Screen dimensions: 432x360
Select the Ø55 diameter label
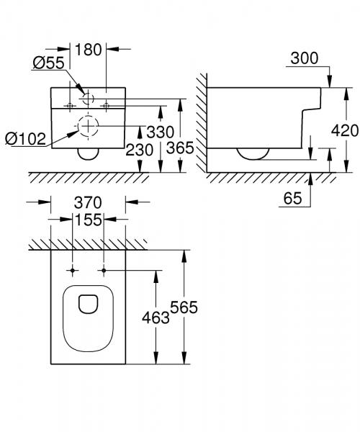[x=48, y=63]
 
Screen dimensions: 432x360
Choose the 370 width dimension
[x=89, y=204]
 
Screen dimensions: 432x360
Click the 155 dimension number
[x=89, y=222]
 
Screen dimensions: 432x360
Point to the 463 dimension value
[x=155, y=316]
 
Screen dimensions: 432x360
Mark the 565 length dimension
[x=184, y=307]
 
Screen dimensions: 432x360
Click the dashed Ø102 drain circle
[x=89, y=127]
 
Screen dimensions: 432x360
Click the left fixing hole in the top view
[x=73, y=271]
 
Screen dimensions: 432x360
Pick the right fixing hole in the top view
[x=104, y=271]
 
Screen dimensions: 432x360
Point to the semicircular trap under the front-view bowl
[x=89, y=153]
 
